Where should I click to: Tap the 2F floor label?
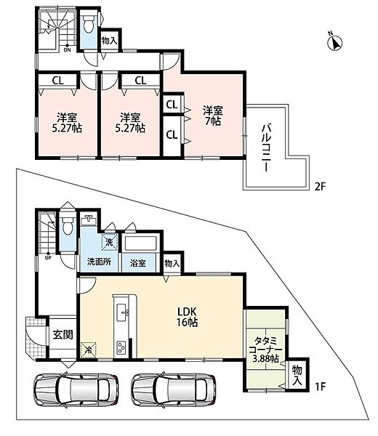(x=320, y=186)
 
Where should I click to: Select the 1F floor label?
(x=320, y=387)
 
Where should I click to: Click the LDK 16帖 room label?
(x=188, y=316)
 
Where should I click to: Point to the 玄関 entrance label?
(x=63, y=334)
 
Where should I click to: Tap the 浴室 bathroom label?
(x=138, y=263)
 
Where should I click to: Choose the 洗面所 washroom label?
(x=100, y=262)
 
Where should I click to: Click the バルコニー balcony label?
(x=265, y=148)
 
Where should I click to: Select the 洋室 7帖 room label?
(x=213, y=116)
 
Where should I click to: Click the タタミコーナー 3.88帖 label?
(x=265, y=350)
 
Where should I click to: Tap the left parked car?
(x=76, y=388)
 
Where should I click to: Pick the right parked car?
(x=174, y=388)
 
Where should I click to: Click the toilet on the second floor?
(x=89, y=24)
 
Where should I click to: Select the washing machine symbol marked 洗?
(x=110, y=242)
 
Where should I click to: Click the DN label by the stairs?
(x=68, y=50)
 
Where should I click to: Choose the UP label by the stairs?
(x=48, y=257)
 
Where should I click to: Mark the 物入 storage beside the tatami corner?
(x=297, y=375)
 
